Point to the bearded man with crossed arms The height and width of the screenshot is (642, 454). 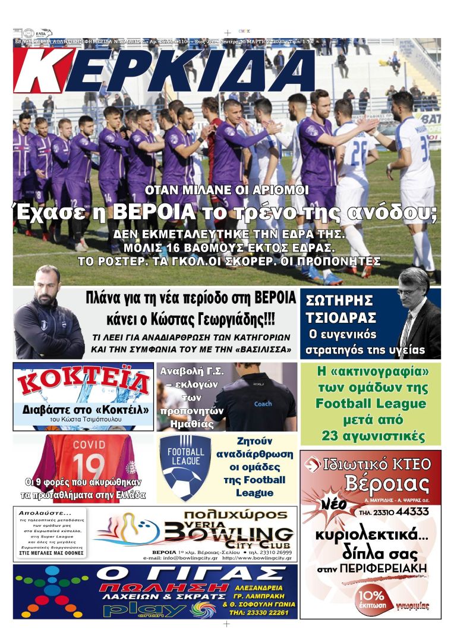pos(48,315)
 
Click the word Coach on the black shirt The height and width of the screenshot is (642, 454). pos(263,404)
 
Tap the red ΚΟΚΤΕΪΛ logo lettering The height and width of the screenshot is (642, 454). pos(83,383)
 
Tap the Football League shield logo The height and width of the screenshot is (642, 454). pos(186,467)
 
